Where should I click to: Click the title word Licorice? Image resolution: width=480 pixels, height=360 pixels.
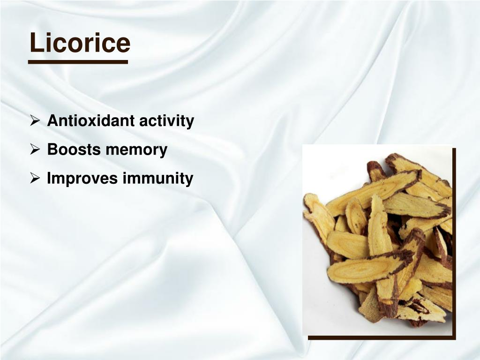click(80, 43)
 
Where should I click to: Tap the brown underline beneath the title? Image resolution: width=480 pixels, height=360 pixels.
click(78, 61)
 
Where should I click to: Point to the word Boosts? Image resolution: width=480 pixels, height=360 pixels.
click(74, 150)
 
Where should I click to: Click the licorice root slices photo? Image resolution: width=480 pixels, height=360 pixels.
click(377, 239)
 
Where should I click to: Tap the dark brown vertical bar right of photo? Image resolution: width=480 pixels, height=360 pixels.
click(454, 241)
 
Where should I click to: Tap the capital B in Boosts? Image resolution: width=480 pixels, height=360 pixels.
click(52, 150)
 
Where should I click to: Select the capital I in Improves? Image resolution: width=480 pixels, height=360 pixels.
click(49, 179)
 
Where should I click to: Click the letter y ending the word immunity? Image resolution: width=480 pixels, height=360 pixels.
click(189, 180)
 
